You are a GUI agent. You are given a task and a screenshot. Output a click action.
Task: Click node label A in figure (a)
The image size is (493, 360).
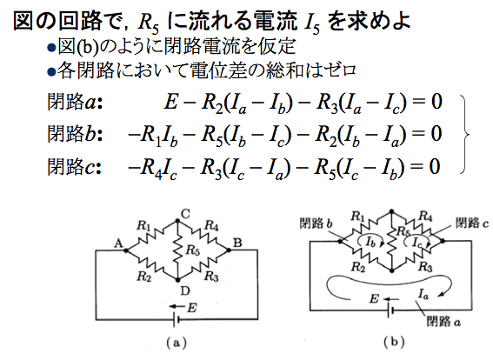pyautogui.click(x=118, y=243)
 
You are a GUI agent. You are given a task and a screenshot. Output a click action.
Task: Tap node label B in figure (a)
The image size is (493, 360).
pyautogui.click(x=237, y=243)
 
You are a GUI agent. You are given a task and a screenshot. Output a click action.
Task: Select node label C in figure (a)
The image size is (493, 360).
pyautogui.click(x=185, y=214)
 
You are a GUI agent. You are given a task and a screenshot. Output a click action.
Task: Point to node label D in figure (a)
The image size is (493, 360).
pyautogui.click(x=185, y=291)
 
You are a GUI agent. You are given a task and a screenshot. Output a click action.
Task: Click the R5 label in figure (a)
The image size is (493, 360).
pyautogui.click(x=193, y=250)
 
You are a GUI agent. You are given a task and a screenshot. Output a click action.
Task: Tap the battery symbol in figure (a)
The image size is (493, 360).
pyautogui.click(x=177, y=320)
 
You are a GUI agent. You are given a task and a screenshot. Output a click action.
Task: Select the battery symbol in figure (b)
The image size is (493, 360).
pyautogui.click(x=390, y=310)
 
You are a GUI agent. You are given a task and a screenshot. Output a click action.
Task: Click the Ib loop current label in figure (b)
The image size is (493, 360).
pyautogui.click(x=370, y=243)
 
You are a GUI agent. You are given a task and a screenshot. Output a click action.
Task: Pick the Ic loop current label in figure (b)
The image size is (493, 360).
pyautogui.click(x=416, y=242)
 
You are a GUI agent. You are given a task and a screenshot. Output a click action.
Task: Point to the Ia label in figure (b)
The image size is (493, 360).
pyautogui.click(x=423, y=295)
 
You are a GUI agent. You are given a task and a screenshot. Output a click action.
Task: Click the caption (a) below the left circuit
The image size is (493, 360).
pyautogui.click(x=177, y=343)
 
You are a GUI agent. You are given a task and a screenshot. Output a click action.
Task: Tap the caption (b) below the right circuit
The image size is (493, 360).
pyautogui.click(x=394, y=342)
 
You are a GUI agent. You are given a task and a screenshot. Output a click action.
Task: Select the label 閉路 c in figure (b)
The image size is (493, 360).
pyautogui.click(x=472, y=223)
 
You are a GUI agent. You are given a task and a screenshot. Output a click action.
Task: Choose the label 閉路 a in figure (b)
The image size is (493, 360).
pyautogui.click(x=443, y=322)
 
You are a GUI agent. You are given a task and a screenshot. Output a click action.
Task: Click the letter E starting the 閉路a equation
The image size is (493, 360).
pyautogui.click(x=170, y=103)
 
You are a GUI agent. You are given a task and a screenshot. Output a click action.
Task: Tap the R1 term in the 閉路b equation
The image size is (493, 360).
pyautogui.click(x=150, y=136)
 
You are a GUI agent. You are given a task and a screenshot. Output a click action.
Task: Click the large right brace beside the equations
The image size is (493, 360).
pyautogui.click(x=465, y=134)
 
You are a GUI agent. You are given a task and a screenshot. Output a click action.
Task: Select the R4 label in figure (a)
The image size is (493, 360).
pyautogui.click(x=211, y=225)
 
